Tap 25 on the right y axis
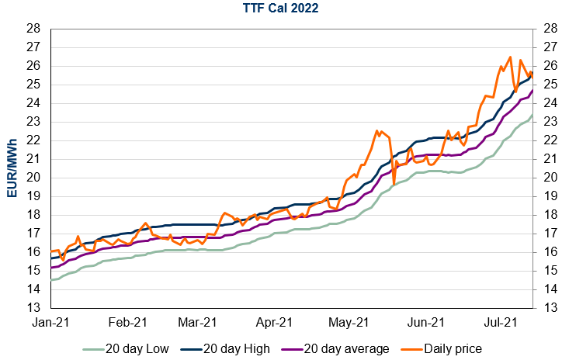click(x=547, y=85)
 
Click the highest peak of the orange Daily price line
click(x=509, y=57)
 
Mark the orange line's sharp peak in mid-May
click(x=376, y=131)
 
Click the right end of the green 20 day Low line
click(x=533, y=116)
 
